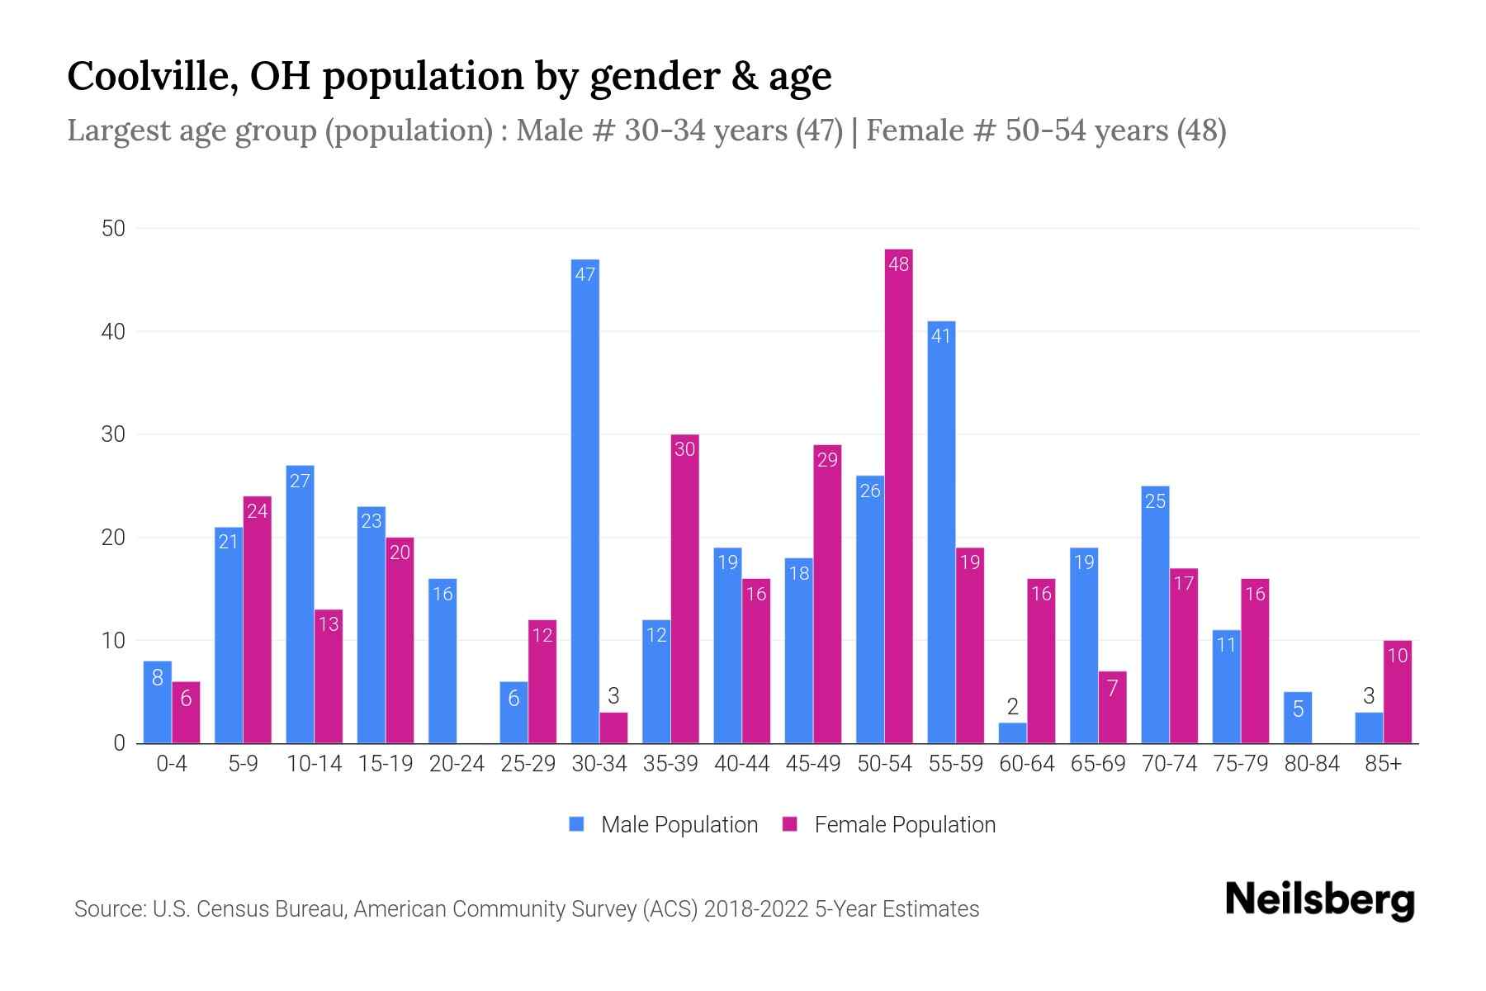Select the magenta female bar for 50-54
tap(898, 496)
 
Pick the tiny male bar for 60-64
tap(1012, 733)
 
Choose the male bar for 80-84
tap(1297, 718)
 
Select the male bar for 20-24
tap(442, 661)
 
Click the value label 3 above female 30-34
tap(613, 695)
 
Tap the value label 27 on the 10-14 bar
tap(300, 481)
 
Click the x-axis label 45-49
tap(812, 764)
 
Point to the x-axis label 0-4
tap(172, 764)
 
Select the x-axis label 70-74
tap(1169, 764)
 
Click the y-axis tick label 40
tap(113, 332)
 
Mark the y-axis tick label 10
tap(113, 641)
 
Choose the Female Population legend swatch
tap(790, 824)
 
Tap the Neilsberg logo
tap(1319, 900)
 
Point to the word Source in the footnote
tap(108, 909)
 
